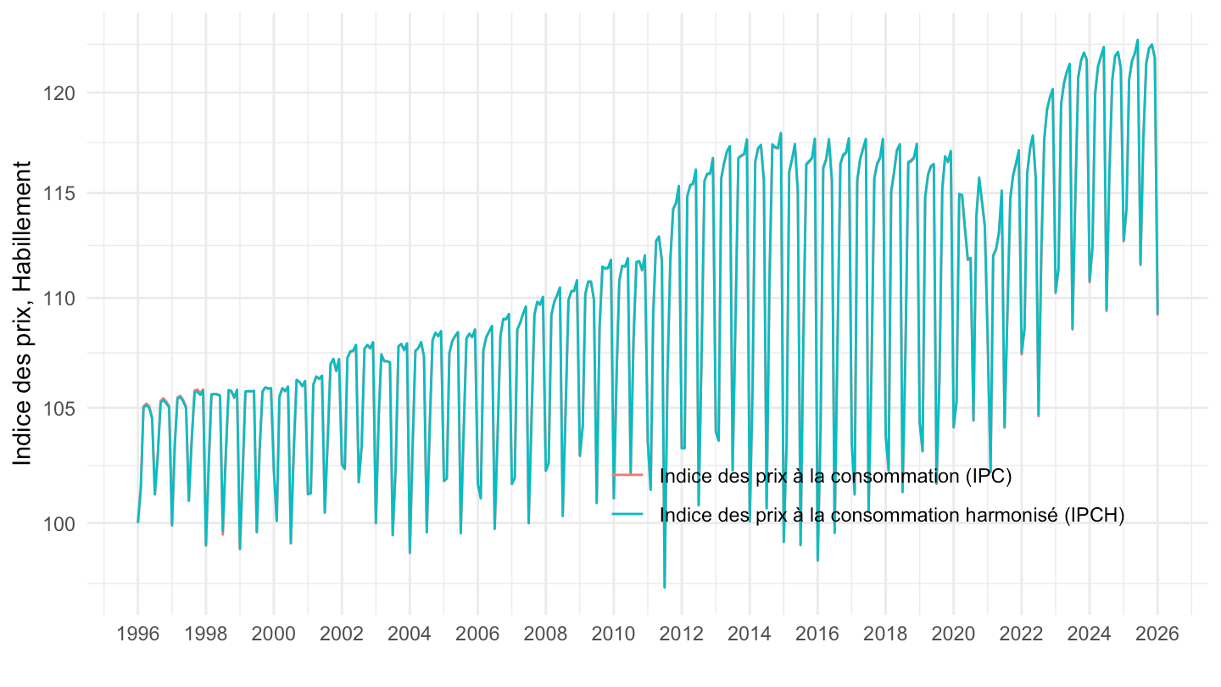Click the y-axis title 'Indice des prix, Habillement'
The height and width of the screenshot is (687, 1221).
pyautogui.click(x=24, y=314)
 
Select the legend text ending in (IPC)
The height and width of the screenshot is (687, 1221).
pyautogui.click(x=835, y=476)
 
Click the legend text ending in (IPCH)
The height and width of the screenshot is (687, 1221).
pyautogui.click(x=891, y=515)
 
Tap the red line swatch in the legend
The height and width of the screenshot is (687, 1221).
pyautogui.click(x=627, y=476)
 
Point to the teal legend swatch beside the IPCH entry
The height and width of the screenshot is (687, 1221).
pyautogui.click(x=627, y=515)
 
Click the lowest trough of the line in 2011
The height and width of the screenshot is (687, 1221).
pyautogui.click(x=665, y=587)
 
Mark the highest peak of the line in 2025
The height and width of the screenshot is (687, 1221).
pyautogui.click(x=1138, y=40)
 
